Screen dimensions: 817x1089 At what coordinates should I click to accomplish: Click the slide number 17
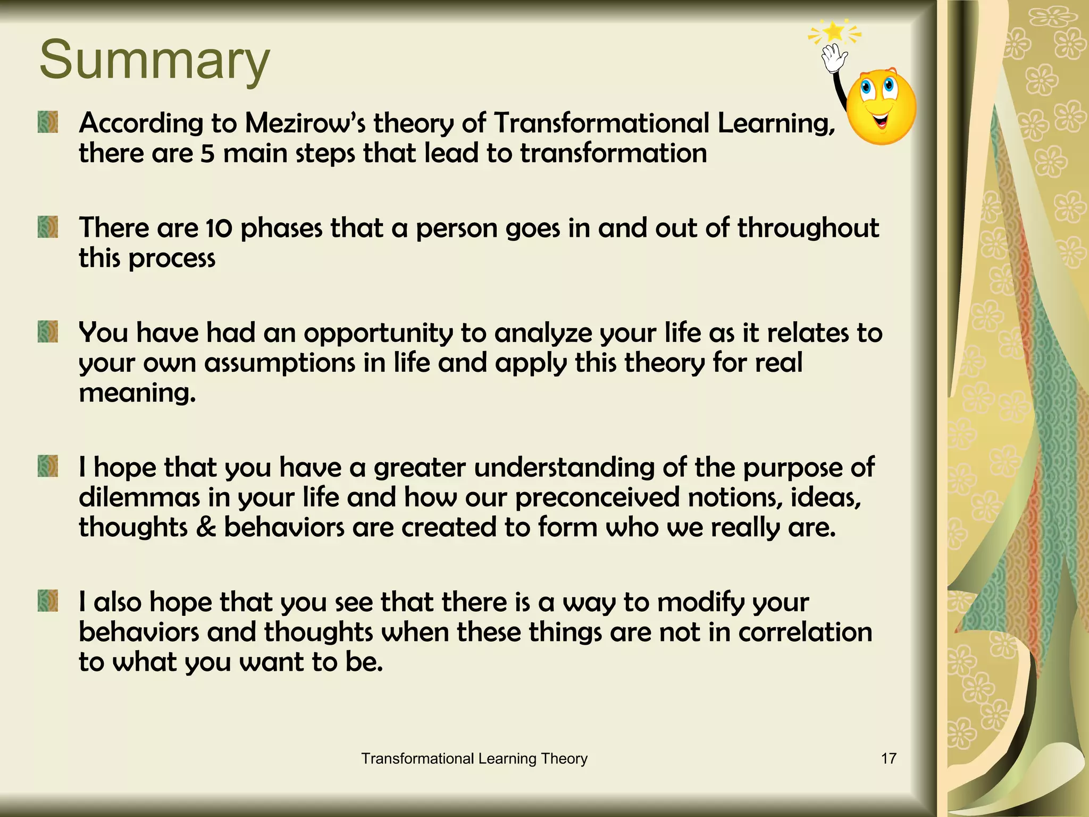tap(889, 758)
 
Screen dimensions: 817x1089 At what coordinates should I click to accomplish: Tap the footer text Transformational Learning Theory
tap(474, 758)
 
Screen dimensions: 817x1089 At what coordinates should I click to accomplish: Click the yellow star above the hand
tap(834, 32)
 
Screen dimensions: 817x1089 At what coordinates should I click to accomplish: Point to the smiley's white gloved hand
tap(833, 58)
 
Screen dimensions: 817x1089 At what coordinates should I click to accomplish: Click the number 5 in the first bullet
tap(207, 154)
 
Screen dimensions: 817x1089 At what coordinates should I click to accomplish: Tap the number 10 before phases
tap(219, 228)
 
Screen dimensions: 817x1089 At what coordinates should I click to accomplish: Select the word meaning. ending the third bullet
tap(137, 393)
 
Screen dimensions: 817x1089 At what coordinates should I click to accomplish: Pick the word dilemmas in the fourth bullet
tap(139, 497)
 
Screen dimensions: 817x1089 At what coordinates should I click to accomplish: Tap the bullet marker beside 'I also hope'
tap(48, 601)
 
